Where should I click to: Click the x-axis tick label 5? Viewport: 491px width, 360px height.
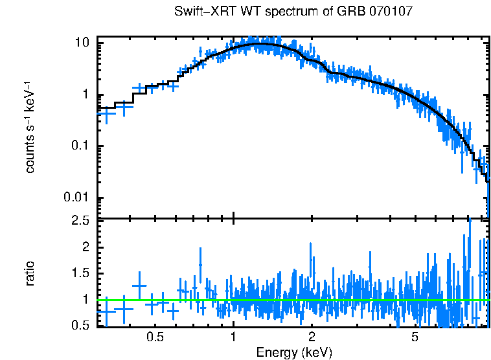click(415, 338)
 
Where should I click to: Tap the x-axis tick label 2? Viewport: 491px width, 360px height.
click(312, 338)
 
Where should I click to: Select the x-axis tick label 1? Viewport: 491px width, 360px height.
click(233, 338)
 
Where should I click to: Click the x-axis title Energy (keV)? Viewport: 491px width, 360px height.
click(294, 352)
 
